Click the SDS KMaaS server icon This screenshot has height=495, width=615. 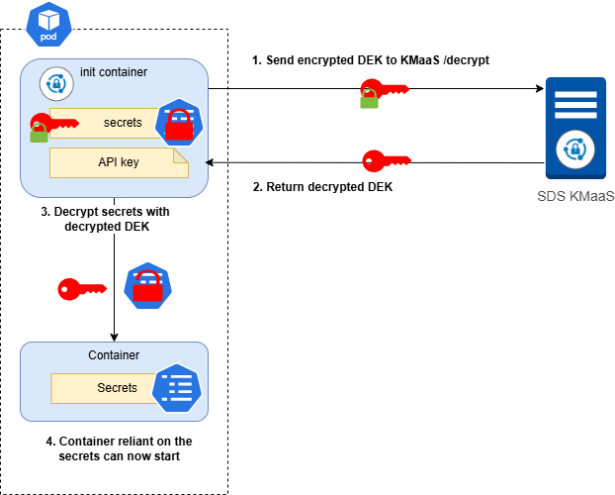(575, 126)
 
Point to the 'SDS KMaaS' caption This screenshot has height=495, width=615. (575, 196)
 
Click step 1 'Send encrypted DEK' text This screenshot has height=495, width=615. (371, 60)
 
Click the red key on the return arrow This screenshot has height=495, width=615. (385, 160)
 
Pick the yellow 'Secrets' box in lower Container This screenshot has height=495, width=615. (117, 387)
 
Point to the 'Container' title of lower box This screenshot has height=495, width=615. (114, 354)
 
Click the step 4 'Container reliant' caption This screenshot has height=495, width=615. (119, 448)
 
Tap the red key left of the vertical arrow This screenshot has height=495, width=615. (81, 289)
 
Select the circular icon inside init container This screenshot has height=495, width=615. (55, 84)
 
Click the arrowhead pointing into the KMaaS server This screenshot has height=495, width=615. (540, 89)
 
